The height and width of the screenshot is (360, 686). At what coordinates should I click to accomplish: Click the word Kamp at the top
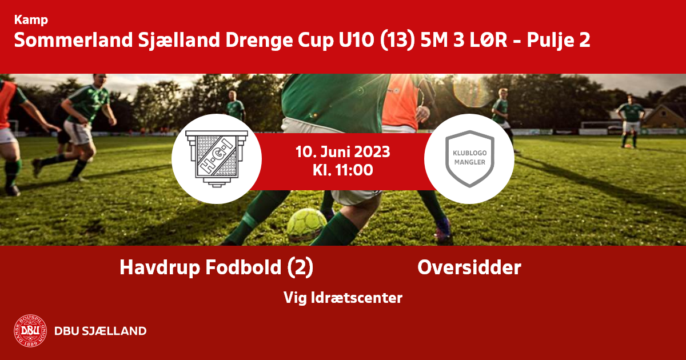tap(31, 20)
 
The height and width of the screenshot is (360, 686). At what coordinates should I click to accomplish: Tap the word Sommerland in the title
tap(74, 40)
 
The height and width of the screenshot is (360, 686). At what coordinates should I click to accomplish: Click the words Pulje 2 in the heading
tap(559, 41)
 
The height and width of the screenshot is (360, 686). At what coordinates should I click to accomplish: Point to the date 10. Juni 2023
tap(342, 152)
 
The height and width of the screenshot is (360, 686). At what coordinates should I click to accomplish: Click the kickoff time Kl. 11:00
tap(342, 170)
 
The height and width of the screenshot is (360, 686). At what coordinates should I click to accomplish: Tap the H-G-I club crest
tap(217, 159)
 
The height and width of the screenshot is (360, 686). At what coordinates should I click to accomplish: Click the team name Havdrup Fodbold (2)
tap(217, 268)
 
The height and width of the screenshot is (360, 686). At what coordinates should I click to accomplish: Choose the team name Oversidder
tap(469, 267)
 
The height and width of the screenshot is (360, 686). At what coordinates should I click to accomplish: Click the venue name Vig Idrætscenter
tap(342, 298)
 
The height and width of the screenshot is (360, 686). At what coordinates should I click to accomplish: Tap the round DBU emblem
tap(30, 331)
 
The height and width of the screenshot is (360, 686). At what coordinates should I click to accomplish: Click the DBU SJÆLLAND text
tap(101, 331)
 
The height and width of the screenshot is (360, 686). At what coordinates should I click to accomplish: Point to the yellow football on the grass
tap(306, 225)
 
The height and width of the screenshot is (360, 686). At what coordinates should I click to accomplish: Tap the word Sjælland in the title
tap(179, 41)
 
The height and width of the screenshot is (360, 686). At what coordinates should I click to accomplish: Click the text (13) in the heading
tap(397, 41)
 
